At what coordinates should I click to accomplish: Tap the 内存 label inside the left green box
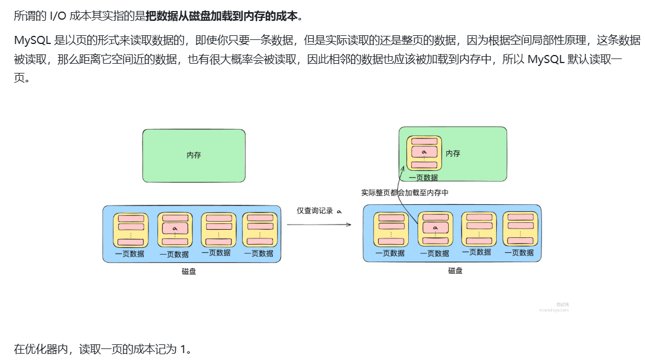click(x=193, y=156)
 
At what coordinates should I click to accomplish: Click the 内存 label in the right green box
click(x=453, y=153)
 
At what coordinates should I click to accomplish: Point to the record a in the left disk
click(x=174, y=229)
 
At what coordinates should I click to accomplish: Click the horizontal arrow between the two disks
click(x=319, y=224)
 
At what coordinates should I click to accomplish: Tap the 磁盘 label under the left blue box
click(x=189, y=271)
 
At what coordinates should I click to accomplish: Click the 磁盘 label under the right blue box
click(x=455, y=270)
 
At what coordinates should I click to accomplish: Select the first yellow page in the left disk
click(x=130, y=230)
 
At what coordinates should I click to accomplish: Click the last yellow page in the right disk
click(x=520, y=229)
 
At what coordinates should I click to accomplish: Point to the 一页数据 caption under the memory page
click(x=423, y=178)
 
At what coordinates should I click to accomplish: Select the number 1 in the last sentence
click(x=183, y=349)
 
